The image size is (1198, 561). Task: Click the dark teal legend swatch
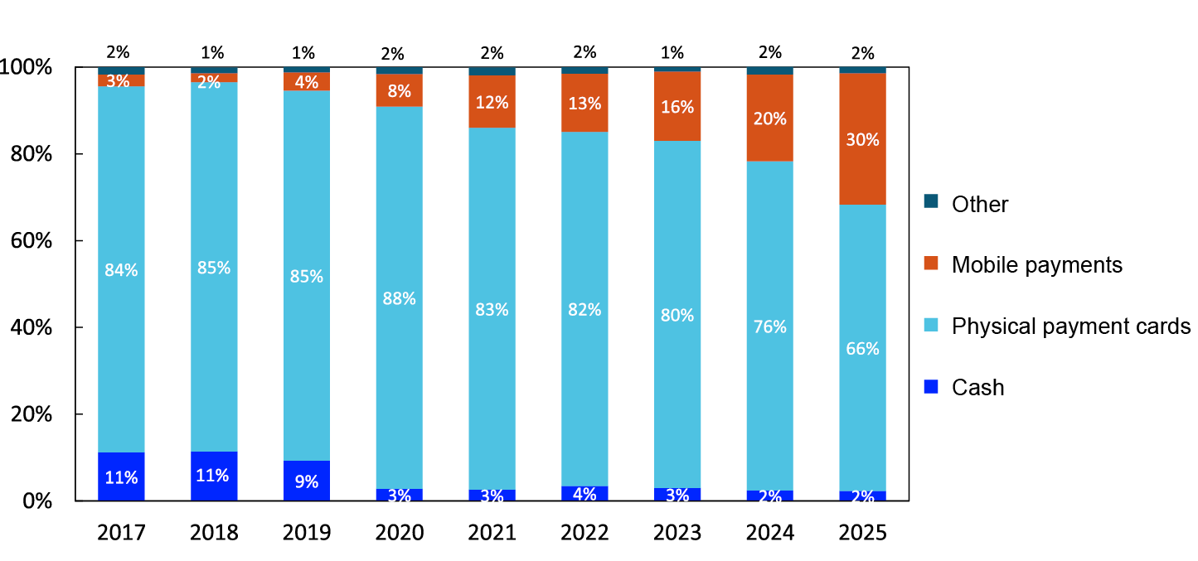(x=931, y=201)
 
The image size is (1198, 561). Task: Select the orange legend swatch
(x=931, y=264)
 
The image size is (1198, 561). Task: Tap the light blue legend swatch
(x=931, y=325)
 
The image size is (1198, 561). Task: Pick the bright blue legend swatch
(x=931, y=387)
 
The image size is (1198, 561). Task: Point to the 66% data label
(x=862, y=349)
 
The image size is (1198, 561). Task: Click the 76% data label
(x=769, y=327)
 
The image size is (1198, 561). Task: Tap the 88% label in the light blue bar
(x=399, y=299)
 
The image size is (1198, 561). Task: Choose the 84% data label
(x=121, y=270)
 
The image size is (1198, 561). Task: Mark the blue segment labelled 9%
(x=307, y=481)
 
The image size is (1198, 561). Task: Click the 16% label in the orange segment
(x=677, y=107)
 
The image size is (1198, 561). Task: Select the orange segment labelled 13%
(x=584, y=104)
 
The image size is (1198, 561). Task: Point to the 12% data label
(x=492, y=103)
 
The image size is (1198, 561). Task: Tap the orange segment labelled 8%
(x=399, y=91)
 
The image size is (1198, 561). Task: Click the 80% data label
(x=677, y=316)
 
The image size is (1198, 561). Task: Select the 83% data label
(x=492, y=310)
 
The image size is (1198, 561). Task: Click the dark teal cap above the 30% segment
(x=862, y=70)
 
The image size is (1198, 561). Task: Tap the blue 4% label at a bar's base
(x=584, y=495)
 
